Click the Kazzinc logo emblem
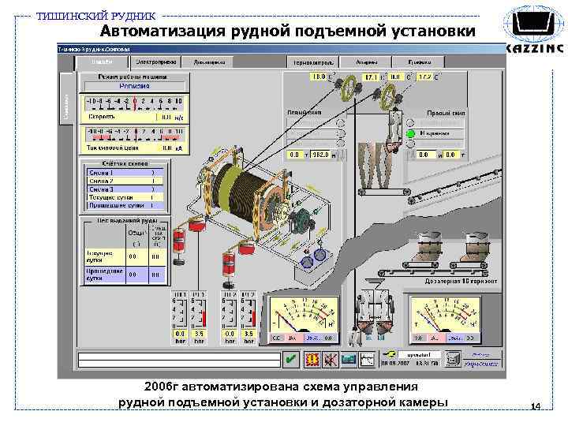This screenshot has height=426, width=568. coord(533,26)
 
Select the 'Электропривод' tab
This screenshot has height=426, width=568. coord(154,62)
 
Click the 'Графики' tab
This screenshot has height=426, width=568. coord(418,62)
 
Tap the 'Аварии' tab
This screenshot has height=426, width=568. coord(366,62)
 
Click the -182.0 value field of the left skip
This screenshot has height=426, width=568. coord(320,155)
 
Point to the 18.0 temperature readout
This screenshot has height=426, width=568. coord(318,77)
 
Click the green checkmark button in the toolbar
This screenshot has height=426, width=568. coord(291,360)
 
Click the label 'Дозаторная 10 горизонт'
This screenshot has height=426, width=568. coord(458,280)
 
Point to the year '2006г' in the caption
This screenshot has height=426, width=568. coord(161,388)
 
